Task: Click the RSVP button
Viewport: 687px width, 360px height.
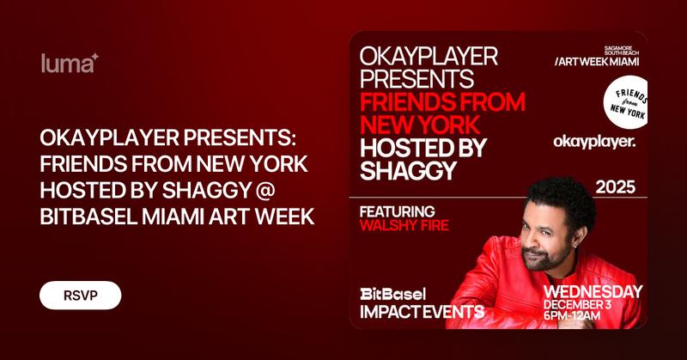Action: pyautogui.click(x=80, y=296)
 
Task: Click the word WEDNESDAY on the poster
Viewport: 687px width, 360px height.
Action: pyautogui.click(x=593, y=292)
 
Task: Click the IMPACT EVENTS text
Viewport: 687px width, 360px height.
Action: pyautogui.click(x=421, y=310)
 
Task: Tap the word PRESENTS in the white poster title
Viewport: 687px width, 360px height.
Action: pyautogui.click(x=415, y=80)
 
